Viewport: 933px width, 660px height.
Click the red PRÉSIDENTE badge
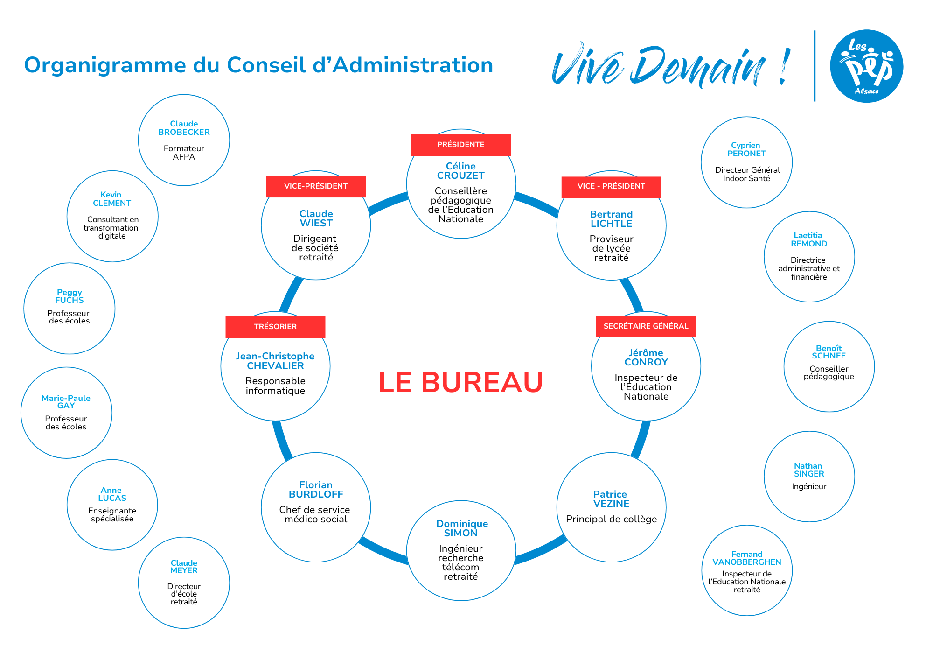tap(460, 145)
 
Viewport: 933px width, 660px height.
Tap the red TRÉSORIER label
tap(275, 327)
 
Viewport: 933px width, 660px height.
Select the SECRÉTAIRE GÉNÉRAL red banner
tap(646, 326)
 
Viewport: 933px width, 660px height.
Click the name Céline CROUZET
tap(461, 171)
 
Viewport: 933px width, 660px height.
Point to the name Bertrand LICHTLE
tap(611, 219)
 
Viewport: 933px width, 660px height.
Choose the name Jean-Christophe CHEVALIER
tap(275, 361)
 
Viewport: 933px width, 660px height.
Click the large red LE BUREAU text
tap(460, 382)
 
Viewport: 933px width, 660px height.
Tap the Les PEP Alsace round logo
tap(866, 66)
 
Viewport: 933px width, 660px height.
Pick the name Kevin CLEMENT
tap(111, 199)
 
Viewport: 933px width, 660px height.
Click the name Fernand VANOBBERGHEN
tap(746, 558)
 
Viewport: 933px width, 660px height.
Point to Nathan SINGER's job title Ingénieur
tap(809, 487)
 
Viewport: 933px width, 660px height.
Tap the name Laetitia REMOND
tap(809, 239)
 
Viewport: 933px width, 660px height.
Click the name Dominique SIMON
tap(461, 528)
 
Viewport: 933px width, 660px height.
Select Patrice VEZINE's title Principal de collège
tap(611, 519)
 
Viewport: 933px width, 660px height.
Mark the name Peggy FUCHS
tap(69, 296)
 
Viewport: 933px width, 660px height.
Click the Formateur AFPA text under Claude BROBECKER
tap(184, 153)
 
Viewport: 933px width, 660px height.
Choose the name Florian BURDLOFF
tap(316, 490)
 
